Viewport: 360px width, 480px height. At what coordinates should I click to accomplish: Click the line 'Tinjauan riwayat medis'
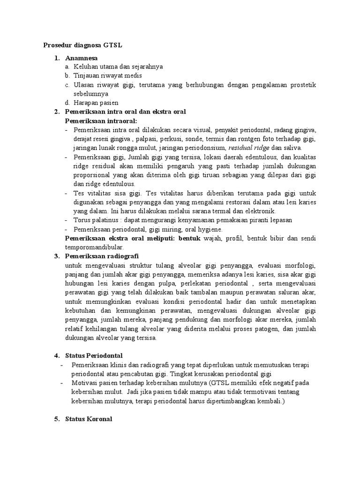pyautogui.click(x=107, y=75)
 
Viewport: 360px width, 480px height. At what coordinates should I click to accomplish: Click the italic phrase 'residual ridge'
pyautogui.click(x=251, y=148)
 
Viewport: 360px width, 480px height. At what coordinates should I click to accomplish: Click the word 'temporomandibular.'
pyautogui.click(x=94, y=247)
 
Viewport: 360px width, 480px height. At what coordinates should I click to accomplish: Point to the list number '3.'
pyautogui.click(x=56, y=256)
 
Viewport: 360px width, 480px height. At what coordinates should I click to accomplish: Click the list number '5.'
pyautogui.click(x=56, y=419)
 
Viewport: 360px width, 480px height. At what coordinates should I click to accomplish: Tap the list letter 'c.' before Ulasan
pyautogui.click(x=68, y=85)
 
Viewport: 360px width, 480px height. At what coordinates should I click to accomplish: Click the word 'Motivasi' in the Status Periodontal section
pyautogui.click(x=84, y=383)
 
